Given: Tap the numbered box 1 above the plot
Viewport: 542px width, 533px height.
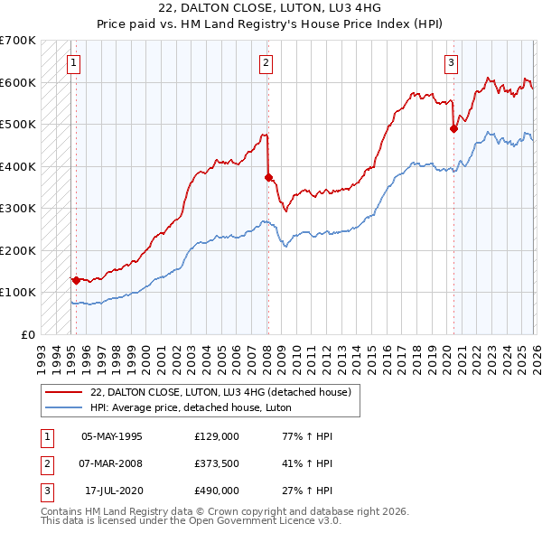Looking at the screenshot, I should pos(72,62).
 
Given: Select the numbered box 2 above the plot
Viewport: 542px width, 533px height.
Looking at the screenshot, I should pos(266,62).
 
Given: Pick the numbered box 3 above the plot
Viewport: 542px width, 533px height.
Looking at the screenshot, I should pos(451,62).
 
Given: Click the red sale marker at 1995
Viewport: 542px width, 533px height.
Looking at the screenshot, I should pos(75,280).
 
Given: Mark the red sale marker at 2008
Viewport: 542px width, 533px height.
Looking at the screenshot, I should pos(268,177).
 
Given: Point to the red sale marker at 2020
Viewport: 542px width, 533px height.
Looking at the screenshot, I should pos(453,128).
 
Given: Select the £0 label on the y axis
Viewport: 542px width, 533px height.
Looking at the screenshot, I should pos(28,334).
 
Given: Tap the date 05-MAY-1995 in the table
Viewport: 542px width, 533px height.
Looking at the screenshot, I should pos(112,435).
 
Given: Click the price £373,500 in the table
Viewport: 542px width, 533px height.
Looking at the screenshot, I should pos(217,463).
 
